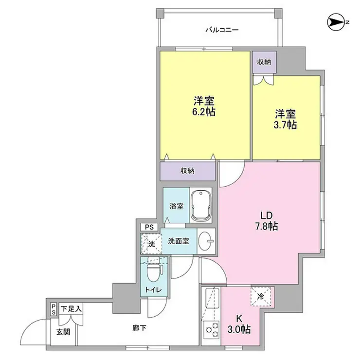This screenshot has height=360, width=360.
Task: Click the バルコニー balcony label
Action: pyautogui.click(x=221, y=30)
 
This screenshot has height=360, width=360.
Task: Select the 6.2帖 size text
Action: pyautogui.click(x=204, y=111)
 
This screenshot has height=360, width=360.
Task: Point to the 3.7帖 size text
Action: pyautogui.click(x=286, y=125)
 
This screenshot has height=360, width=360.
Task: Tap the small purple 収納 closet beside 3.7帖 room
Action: pyautogui.click(x=265, y=61)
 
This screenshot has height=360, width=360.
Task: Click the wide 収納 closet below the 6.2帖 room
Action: pyautogui.click(x=188, y=171)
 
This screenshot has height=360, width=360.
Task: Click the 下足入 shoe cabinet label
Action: pyautogui.click(x=72, y=308)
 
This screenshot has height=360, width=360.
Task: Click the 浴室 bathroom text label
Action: pyautogui.click(x=176, y=206)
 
